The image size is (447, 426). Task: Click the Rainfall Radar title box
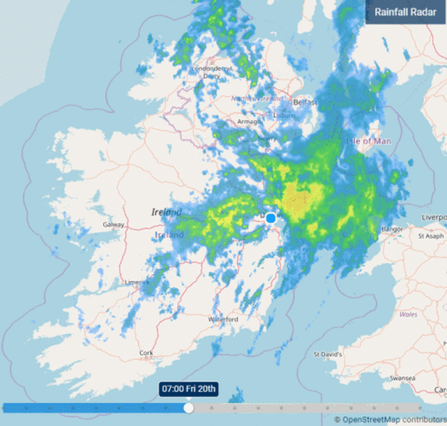[405, 12]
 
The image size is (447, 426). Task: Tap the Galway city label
[113, 225]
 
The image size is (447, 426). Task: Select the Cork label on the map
[146, 352]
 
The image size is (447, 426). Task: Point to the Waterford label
[223, 319]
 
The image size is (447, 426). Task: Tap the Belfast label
[305, 102]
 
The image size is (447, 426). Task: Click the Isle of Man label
[369, 141]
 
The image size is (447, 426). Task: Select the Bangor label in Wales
[391, 228]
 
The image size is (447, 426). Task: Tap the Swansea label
[402, 378]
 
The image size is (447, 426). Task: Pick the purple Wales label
[408, 314]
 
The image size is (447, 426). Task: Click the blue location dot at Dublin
[271, 218]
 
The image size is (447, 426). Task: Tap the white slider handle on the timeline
[188, 407]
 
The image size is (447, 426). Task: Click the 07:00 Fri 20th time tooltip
[188, 390]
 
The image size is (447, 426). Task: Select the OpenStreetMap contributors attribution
[390, 419]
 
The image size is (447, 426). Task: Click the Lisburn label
[283, 116]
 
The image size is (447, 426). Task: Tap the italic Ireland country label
[166, 212]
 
